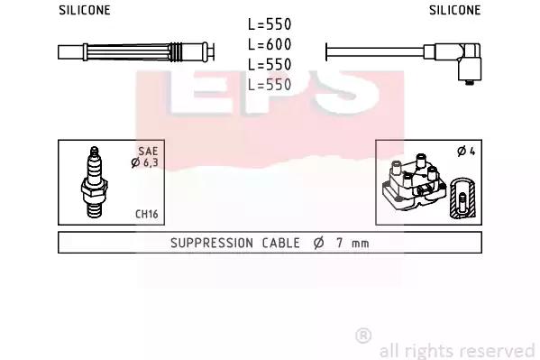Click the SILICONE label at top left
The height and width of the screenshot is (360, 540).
coord(85,10)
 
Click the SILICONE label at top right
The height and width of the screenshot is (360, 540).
coord(454,10)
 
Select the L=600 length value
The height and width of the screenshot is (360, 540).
coord(270,44)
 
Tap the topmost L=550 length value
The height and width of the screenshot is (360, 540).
coord(270,24)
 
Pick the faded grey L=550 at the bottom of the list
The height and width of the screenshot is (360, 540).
coord(270,85)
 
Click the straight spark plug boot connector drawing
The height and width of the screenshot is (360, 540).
coord(136,52)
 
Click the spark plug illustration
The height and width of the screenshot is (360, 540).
coord(95,182)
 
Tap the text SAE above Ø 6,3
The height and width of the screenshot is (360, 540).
coord(148,151)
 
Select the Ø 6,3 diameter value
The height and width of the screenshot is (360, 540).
coord(144,162)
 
